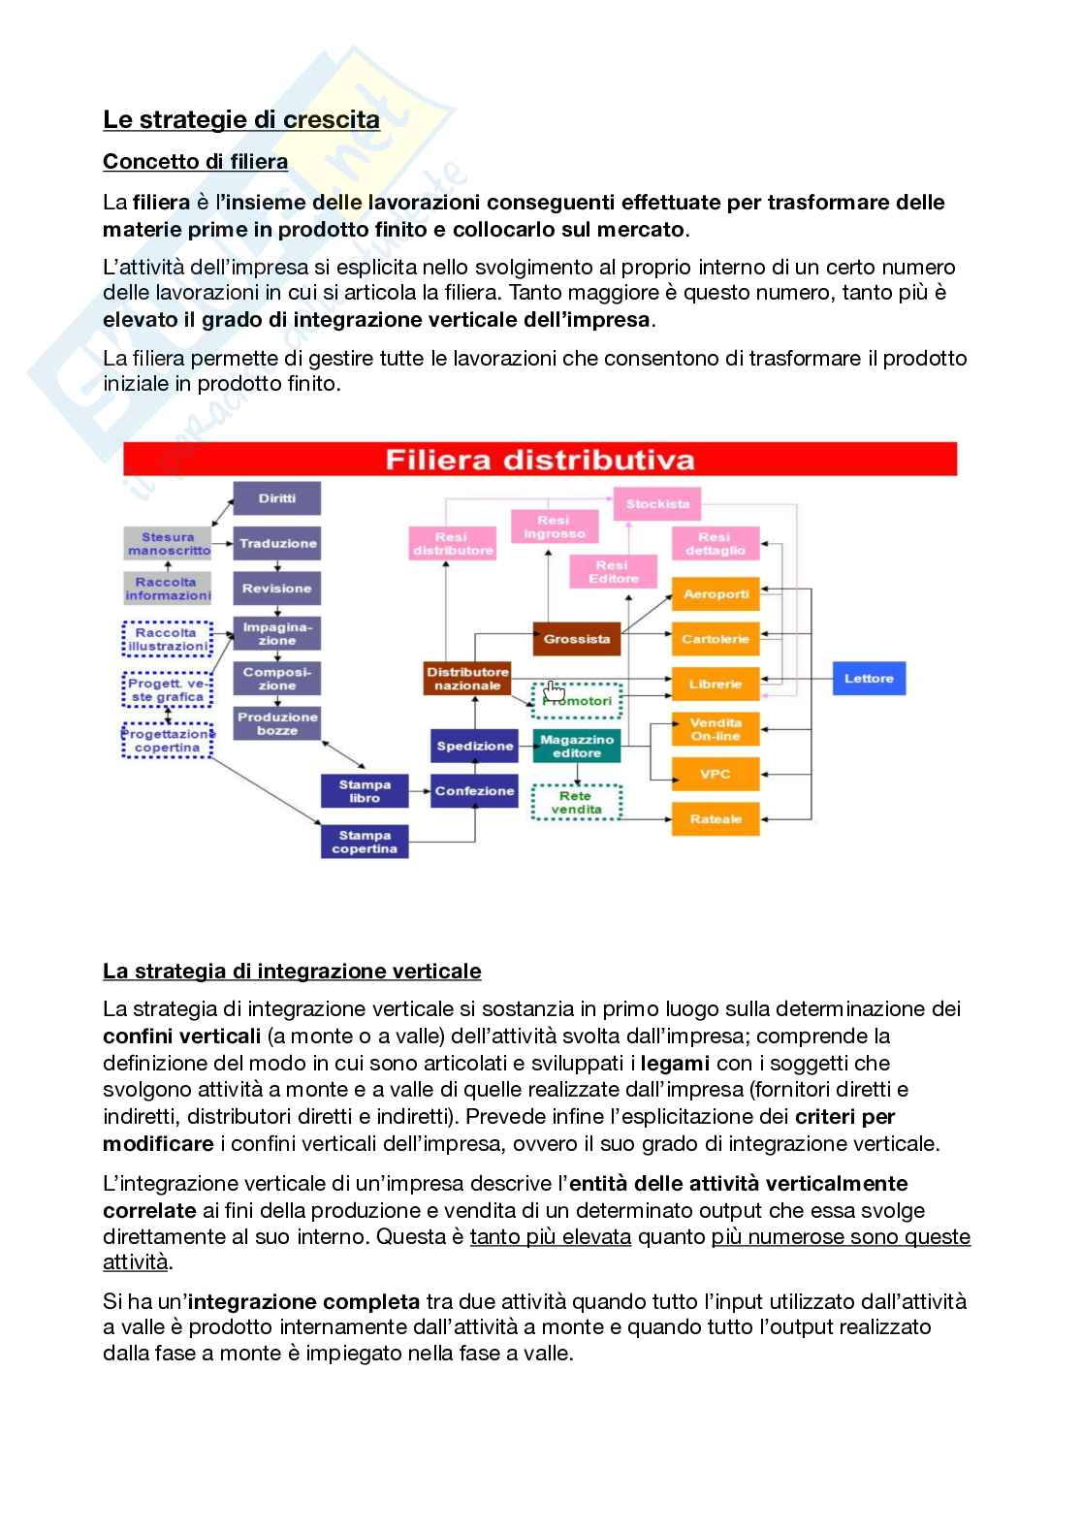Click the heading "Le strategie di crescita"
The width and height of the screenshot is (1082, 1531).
pyautogui.click(x=241, y=119)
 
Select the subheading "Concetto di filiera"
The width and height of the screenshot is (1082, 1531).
pyautogui.click(x=195, y=161)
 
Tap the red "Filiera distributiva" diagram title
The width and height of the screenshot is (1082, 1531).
pyautogui.click(x=540, y=460)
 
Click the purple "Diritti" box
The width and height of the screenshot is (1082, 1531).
pyautogui.click(x=276, y=498)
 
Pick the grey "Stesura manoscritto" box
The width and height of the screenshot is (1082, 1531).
pyautogui.click(x=168, y=544)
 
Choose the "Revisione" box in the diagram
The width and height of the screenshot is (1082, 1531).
pyautogui.click(x=276, y=589)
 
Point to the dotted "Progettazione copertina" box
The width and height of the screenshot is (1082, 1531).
pyautogui.click(x=168, y=741)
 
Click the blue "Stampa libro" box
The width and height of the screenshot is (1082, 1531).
pyautogui.click(x=365, y=791)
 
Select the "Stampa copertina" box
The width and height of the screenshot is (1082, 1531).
pyautogui.click(x=365, y=842)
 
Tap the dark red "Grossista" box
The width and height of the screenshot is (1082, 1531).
pyautogui.click(x=577, y=639)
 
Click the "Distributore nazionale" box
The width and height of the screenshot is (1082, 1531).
pyautogui.click(x=467, y=679)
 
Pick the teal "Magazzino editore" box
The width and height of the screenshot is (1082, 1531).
pyautogui.click(x=577, y=746)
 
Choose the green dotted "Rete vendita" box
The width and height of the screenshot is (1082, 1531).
pyautogui.click(x=577, y=803)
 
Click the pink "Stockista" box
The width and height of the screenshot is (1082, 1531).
pyautogui.click(x=657, y=504)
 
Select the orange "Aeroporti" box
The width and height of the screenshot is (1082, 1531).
pyautogui.click(x=716, y=594)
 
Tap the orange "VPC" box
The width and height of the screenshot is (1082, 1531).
pyautogui.click(x=716, y=775)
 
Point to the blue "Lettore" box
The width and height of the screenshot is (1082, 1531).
pyautogui.click(x=869, y=679)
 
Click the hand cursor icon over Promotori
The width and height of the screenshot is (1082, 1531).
pyautogui.click(x=554, y=690)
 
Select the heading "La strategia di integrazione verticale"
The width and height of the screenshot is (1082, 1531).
pyautogui.click(x=292, y=971)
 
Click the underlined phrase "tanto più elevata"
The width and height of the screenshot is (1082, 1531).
pyautogui.click(x=551, y=1236)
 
